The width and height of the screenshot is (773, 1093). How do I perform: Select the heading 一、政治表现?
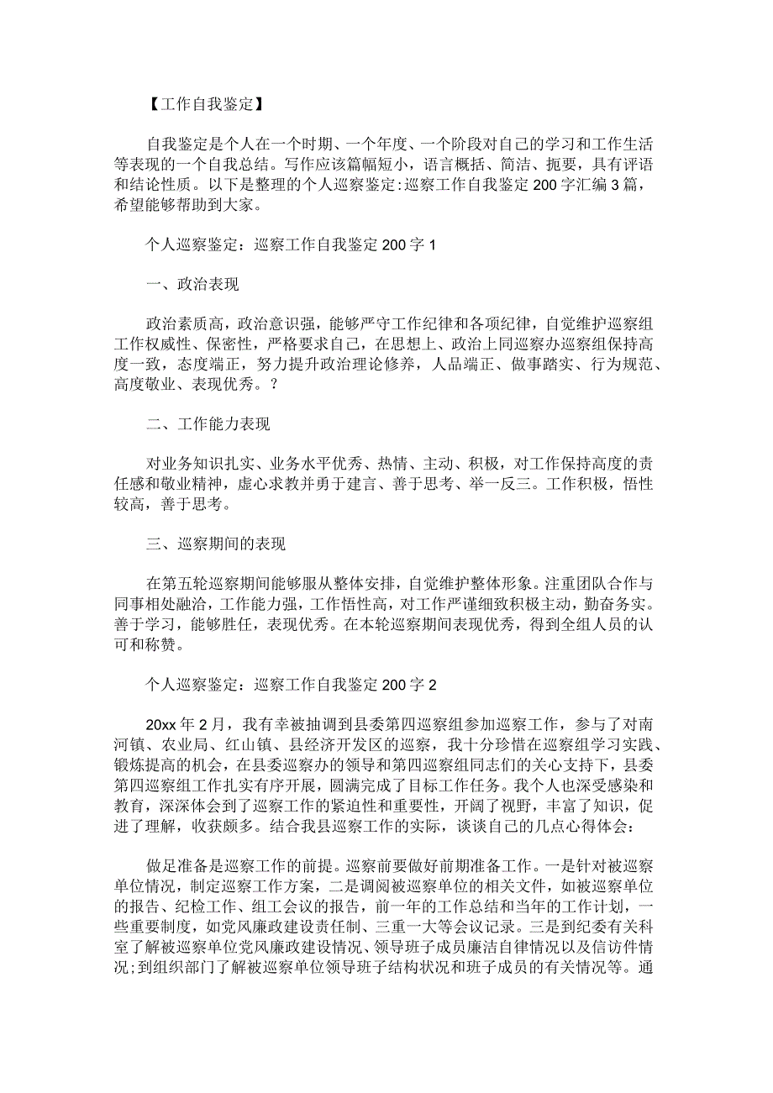[x=192, y=285]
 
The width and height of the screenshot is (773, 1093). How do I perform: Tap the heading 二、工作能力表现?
[x=208, y=424]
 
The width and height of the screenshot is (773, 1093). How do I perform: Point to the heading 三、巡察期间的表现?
[x=215, y=544]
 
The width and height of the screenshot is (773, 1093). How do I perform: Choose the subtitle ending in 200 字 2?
[x=287, y=685]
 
